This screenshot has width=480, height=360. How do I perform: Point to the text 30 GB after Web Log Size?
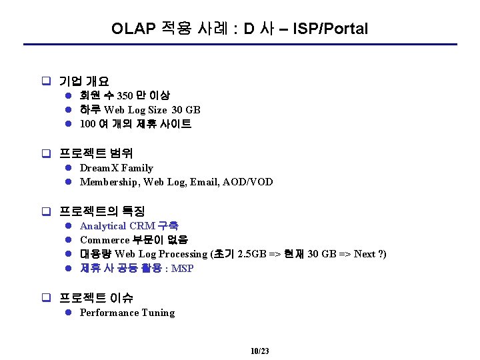click(186, 110)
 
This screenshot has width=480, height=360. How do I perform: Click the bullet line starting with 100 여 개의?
click(135, 124)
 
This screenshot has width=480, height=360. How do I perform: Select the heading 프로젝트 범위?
click(96, 154)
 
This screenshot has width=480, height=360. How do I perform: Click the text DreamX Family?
click(116, 168)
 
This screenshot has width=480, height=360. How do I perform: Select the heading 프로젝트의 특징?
click(102, 212)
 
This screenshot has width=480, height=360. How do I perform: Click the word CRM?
click(142, 226)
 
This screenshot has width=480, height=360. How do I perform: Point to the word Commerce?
click(105, 240)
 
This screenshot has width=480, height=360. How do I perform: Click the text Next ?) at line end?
click(370, 254)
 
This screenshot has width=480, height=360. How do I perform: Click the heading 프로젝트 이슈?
click(96, 298)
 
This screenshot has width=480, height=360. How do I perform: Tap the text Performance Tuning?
click(127, 313)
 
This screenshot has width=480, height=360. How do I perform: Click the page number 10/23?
click(259, 351)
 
